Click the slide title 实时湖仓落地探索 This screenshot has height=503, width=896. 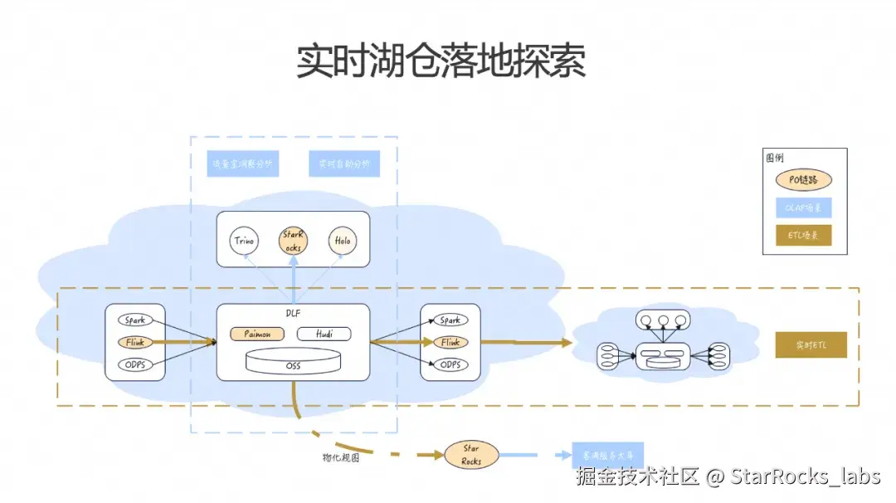point(441,62)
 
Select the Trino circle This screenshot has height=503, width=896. point(245,241)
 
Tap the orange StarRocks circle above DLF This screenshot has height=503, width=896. point(294,241)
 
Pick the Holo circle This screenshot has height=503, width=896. point(342,241)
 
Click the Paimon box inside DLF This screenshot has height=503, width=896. point(256,334)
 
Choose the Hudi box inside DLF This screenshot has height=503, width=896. point(323,334)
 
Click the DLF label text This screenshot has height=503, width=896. point(293,315)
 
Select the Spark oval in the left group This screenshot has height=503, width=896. point(135,320)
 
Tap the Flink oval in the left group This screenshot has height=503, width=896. point(135,342)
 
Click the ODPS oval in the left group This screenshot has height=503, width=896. point(135,365)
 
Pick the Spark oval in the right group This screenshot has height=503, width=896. point(450,320)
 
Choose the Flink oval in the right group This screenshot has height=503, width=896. point(450,342)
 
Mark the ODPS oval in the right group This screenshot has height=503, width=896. point(450,365)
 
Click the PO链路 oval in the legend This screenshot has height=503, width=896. point(803,179)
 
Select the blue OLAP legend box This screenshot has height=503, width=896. point(803,208)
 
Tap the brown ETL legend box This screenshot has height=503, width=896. point(803,236)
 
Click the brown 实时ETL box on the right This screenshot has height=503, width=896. point(811,344)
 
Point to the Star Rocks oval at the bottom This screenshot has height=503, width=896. point(470,455)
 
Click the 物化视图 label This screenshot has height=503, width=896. point(341,457)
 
